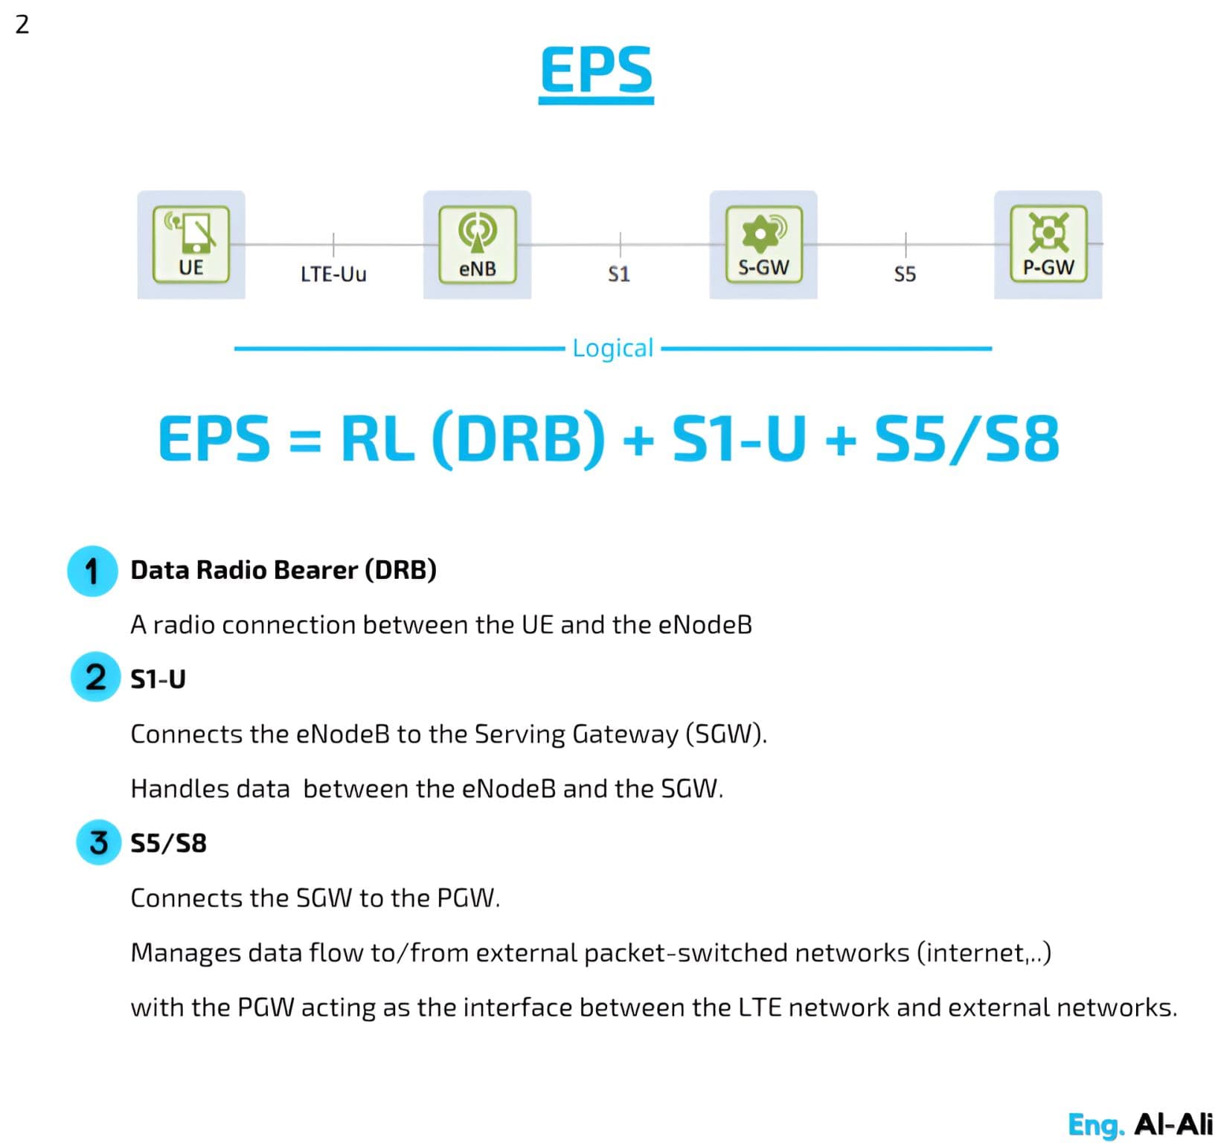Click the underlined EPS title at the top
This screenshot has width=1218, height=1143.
point(596,70)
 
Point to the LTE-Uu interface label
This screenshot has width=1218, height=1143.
point(333,275)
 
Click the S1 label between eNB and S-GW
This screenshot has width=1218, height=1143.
point(619,275)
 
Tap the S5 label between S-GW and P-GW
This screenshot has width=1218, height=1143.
point(905,275)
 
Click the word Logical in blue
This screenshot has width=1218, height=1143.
point(612,348)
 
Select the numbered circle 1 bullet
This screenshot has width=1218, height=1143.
point(92,571)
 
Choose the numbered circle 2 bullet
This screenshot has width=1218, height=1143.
point(95,677)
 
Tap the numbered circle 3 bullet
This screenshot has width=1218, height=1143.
point(98,842)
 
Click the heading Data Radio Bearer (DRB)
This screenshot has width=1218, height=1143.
point(283,570)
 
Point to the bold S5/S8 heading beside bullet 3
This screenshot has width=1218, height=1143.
point(168,843)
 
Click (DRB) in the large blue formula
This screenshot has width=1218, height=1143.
point(519,439)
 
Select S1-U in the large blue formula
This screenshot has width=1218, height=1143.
point(739,439)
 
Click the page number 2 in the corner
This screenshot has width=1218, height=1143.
point(22,25)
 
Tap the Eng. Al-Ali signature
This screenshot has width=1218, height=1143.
point(1140,1124)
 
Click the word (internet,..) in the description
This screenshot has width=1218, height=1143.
point(984,952)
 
